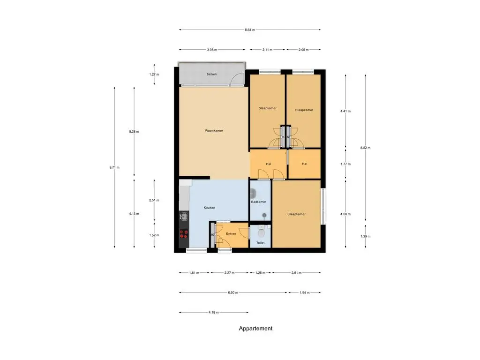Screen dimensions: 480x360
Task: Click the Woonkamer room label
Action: (x=214, y=131)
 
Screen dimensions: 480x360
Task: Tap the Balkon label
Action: (x=211, y=74)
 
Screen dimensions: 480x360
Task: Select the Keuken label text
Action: (x=210, y=208)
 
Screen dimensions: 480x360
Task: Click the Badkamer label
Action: (x=259, y=202)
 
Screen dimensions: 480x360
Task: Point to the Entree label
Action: (x=231, y=233)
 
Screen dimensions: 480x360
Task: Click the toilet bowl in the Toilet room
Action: (x=261, y=232)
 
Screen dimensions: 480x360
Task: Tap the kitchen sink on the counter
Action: (x=184, y=217)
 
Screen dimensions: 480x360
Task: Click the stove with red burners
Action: (x=184, y=234)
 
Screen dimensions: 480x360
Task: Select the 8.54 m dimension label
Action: (x=250, y=30)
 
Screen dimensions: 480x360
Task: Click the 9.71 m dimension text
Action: (x=114, y=167)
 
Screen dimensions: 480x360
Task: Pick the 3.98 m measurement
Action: (x=212, y=50)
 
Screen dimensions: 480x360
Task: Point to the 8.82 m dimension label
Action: (x=365, y=148)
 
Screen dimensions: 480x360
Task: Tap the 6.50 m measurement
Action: (x=233, y=292)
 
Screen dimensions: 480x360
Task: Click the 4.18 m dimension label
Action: (x=214, y=313)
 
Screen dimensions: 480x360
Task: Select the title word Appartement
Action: (x=255, y=329)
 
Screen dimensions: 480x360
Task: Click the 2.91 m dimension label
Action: (x=296, y=272)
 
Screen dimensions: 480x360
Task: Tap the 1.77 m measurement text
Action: (x=345, y=164)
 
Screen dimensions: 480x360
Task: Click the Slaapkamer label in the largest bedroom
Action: (x=297, y=214)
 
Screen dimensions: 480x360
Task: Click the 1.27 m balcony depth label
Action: (x=154, y=75)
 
